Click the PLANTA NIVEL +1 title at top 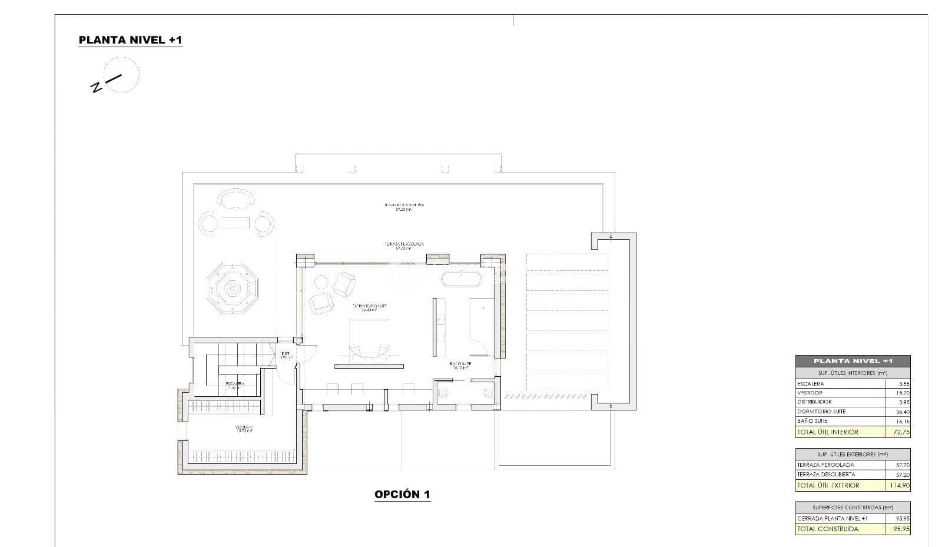[x=130, y=40]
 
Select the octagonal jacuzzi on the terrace [x=233, y=289]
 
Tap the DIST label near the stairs [x=286, y=354]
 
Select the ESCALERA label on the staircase [x=234, y=384]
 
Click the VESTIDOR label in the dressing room [x=244, y=428]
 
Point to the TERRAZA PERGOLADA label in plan [x=403, y=244]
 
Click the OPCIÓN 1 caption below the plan [x=402, y=495]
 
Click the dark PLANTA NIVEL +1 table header [x=852, y=361]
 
